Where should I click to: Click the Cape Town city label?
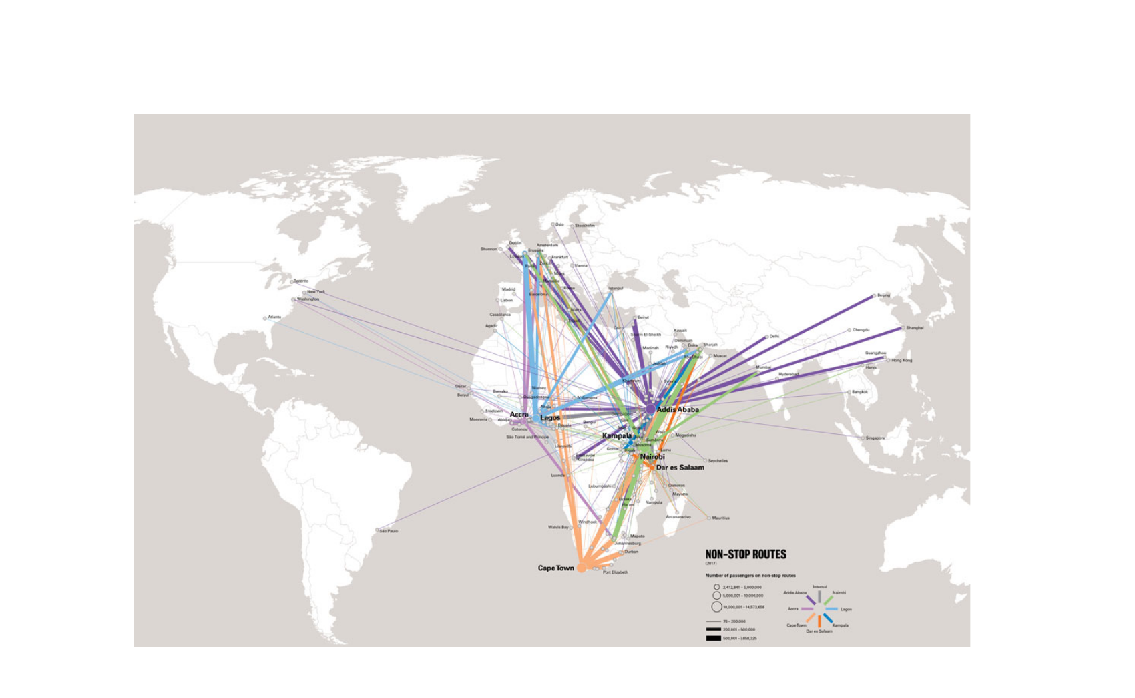click(555, 568)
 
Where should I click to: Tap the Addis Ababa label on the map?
click(678, 409)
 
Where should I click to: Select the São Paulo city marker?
click(377, 530)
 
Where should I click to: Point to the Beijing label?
click(883, 295)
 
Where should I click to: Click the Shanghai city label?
click(915, 328)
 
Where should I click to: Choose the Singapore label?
click(875, 438)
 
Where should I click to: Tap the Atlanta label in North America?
click(274, 317)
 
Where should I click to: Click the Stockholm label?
click(585, 226)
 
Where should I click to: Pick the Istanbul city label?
click(616, 289)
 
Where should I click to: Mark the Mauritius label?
click(720, 518)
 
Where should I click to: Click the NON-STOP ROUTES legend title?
click(746, 554)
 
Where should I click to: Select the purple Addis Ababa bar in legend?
click(810, 600)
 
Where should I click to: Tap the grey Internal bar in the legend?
click(820, 596)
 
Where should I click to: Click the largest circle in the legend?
click(716, 607)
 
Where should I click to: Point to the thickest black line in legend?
click(713, 639)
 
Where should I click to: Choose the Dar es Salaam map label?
click(680, 468)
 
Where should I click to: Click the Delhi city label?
click(774, 337)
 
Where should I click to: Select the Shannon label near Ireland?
click(489, 249)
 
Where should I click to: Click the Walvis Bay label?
click(558, 528)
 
